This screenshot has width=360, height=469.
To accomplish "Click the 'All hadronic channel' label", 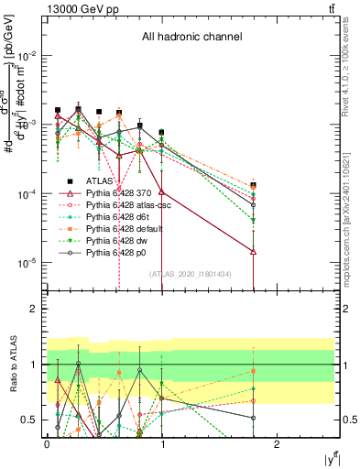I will pyautogui.click(x=191, y=38).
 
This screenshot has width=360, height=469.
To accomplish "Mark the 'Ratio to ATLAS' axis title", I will pyautogui.click(x=11, y=364).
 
